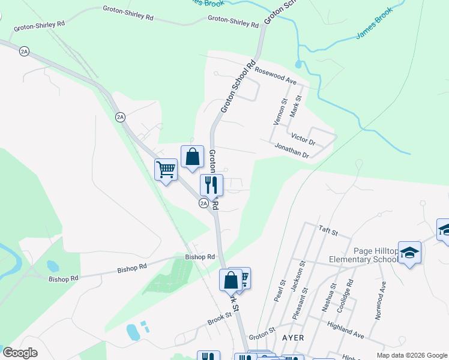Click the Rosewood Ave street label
[x=276, y=75]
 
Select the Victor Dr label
[x=303, y=139]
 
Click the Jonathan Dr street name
[x=291, y=151]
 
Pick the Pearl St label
[x=279, y=290]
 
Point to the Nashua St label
[x=327, y=298]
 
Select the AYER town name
[x=293, y=338]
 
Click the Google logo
[x=20, y=352]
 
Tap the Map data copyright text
[x=411, y=355]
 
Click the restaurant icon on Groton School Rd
[x=211, y=184]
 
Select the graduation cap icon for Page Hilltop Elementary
[x=409, y=252]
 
